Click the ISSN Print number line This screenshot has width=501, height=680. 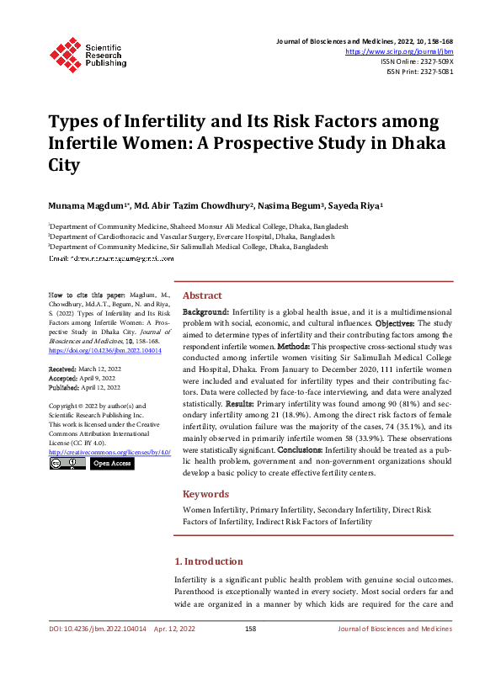coord(420,72)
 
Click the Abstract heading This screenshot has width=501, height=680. coord(202,295)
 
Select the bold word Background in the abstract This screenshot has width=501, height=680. coord(205,312)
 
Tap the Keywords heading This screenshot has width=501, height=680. coord(206,494)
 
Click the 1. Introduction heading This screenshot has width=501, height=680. coord(208,561)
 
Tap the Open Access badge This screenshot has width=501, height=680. coord(111,464)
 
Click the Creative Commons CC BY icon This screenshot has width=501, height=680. coord(67,464)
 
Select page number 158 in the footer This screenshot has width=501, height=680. coord(250,629)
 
